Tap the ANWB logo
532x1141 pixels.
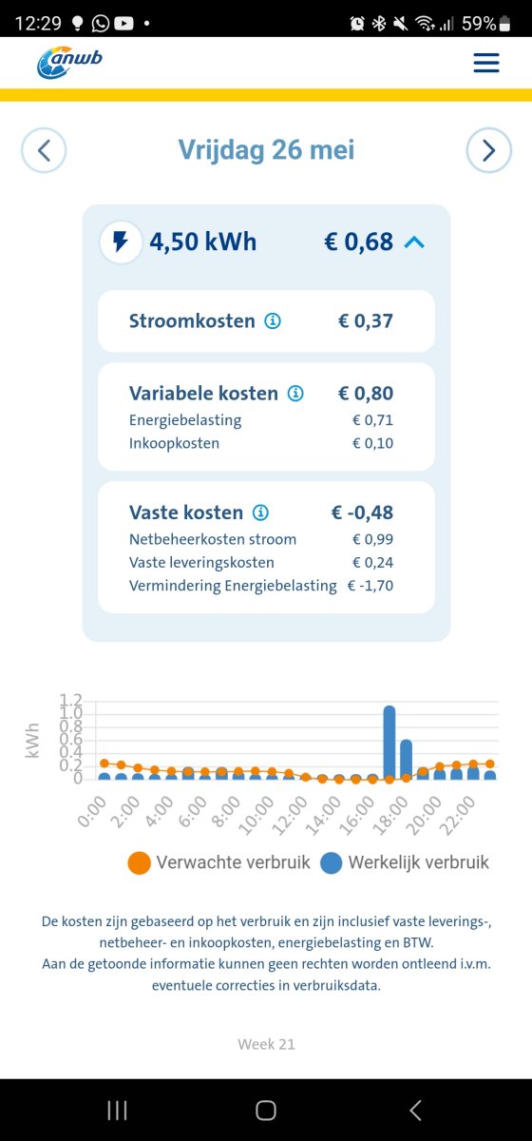click(69, 63)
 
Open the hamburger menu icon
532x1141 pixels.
click(485, 63)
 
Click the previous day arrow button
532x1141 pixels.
click(44, 150)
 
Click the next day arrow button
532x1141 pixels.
click(488, 150)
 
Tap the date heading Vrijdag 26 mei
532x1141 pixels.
click(266, 150)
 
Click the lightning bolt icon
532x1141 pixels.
click(121, 242)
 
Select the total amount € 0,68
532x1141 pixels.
click(358, 242)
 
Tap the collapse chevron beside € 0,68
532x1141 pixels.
click(413, 242)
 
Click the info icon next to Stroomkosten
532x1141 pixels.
click(273, 321)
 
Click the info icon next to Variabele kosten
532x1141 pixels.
click(295, 394)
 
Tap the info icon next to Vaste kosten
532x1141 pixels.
click(260, 512)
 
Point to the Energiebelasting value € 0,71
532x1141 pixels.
click(372, 420)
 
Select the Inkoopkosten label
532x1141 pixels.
click(174, 443)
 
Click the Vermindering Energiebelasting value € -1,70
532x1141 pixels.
click(370, 586)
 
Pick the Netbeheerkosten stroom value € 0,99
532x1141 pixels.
click(372, 539)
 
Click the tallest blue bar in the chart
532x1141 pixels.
click(389, 742)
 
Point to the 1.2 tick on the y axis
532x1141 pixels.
click(71, 701)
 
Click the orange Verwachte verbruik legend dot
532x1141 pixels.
click(139, 863)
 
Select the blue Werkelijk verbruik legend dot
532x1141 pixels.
click(331, 863)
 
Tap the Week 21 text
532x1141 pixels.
click(266, 1044)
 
